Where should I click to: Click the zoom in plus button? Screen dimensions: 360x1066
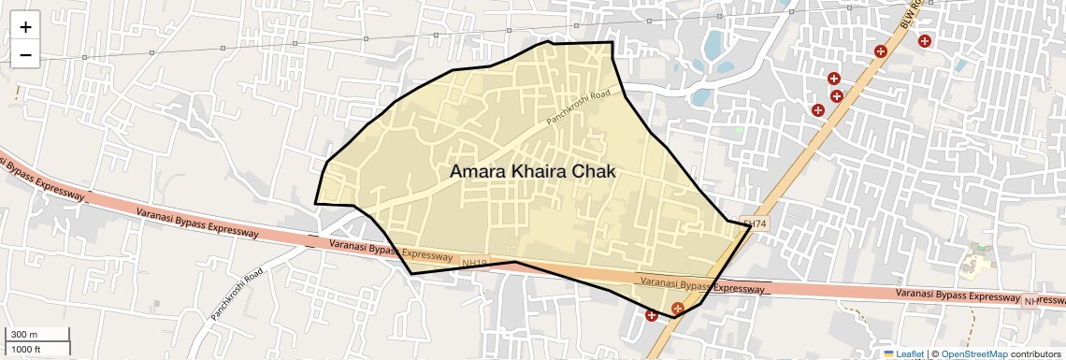pos(25,27)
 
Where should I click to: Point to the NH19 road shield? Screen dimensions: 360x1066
pos(474,263)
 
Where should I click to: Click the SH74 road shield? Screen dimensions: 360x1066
pos(754,223)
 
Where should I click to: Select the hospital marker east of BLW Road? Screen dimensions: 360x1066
pos(924,40)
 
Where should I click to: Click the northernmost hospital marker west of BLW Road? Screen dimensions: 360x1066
pos(880,50)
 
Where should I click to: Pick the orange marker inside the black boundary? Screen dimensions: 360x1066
pos(678,308)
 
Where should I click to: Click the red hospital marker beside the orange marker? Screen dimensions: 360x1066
pos(651,315)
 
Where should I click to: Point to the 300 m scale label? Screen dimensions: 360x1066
pos(24,335)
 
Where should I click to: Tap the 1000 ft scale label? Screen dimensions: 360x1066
pos(26,349)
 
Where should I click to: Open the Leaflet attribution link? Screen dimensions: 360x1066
pos(903,353)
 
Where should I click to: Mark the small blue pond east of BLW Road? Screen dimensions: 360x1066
pos(961,65)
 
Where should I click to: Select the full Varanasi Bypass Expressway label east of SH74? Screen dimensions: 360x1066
pos(956,295)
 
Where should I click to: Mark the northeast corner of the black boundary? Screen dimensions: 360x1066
pos(612,42)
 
